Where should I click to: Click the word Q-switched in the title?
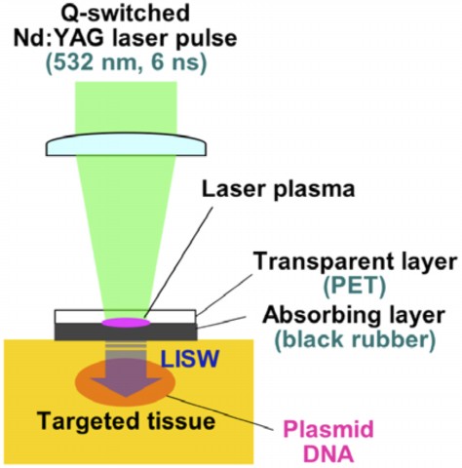pos(126,14)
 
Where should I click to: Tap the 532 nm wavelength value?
pos(92,63)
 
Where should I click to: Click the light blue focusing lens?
pos(126,143)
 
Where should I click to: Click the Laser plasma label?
pos(279,189)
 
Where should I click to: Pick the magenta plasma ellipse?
pos(126,323)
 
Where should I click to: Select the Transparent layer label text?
pos(355,262)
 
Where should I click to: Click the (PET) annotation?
pos(355,287)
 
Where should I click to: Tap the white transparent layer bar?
pos(126,316)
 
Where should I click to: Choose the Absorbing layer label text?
pos(354,315)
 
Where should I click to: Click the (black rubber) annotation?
pos(355,339)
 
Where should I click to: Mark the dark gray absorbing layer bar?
pos(126,331)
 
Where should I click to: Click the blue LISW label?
pos(190,360)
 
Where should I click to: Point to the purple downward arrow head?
pos(126,387)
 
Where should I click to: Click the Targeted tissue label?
pos(126,421)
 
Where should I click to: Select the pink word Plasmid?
pos(328,429)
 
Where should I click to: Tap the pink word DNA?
pos(328,454)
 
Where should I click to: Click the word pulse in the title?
pos(205,39)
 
